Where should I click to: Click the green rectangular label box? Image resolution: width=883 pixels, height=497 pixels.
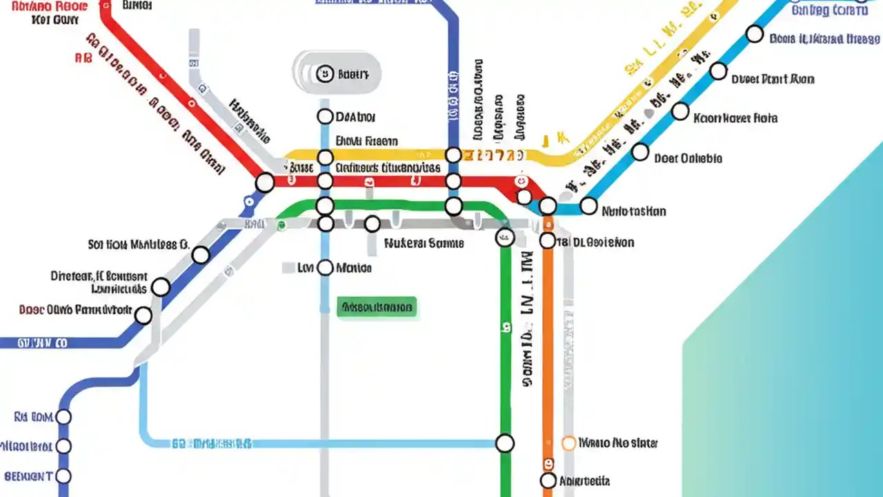pos(377,307)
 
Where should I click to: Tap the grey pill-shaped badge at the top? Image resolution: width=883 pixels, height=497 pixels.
pos(337,72)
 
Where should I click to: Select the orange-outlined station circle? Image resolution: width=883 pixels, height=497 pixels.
pos(569,443)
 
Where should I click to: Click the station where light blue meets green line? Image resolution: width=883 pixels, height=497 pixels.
pos(505,443)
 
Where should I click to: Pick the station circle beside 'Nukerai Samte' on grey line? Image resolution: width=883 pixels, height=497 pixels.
pos(373,224)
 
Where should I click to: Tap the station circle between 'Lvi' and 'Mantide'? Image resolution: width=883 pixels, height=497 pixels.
pos(325,268)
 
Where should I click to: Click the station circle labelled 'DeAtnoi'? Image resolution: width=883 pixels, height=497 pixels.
pos(325,117)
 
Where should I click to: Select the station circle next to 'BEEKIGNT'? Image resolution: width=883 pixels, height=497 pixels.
pos(63,476)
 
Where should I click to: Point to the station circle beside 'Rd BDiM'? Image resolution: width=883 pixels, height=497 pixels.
pos(63,417)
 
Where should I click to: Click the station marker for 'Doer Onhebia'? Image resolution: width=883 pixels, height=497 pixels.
pos(640,152)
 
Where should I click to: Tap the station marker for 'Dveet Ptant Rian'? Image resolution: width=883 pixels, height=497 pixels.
pos(718,71)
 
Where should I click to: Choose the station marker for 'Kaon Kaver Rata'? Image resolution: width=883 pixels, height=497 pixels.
pos(680,111)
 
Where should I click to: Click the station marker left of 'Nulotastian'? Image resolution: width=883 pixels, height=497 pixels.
pos(588,206)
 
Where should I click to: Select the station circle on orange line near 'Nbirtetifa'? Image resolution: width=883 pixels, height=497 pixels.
pos(548,480)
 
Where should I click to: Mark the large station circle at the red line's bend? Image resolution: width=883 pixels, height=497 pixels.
pos(265,183)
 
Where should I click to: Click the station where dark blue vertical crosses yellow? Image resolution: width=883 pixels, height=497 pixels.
pos(453,155)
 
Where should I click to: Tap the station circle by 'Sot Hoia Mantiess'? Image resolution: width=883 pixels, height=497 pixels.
pos(201,255)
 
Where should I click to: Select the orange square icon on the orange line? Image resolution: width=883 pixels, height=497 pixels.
pos(548,463)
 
